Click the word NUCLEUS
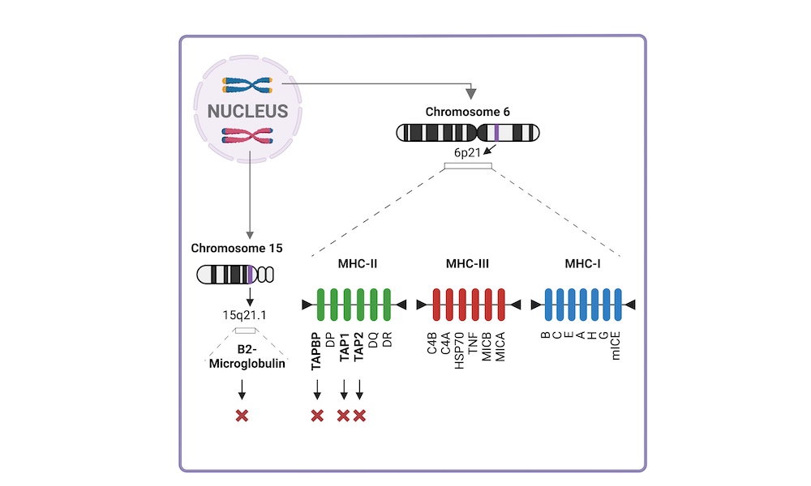[247, 111]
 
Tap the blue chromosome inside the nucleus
[247, 85]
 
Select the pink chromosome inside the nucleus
[247, 136]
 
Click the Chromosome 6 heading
[468, 112]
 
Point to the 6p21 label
[467, 152]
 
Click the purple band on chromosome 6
[496, 133]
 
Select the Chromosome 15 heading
[237, 248]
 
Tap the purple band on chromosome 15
[250, 275]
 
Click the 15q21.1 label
[244, 315]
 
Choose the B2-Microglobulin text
[247, 356]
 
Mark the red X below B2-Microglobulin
[242, 416]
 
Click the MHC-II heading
[358, 263]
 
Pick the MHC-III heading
[467, 263]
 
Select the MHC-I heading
[582, 263]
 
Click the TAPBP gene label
[316, 352]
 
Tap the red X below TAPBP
[317, 416]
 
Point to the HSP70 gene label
[459, 350]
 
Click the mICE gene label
[615, 346]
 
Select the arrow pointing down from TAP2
[359, 390]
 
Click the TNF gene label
[472, 343]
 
